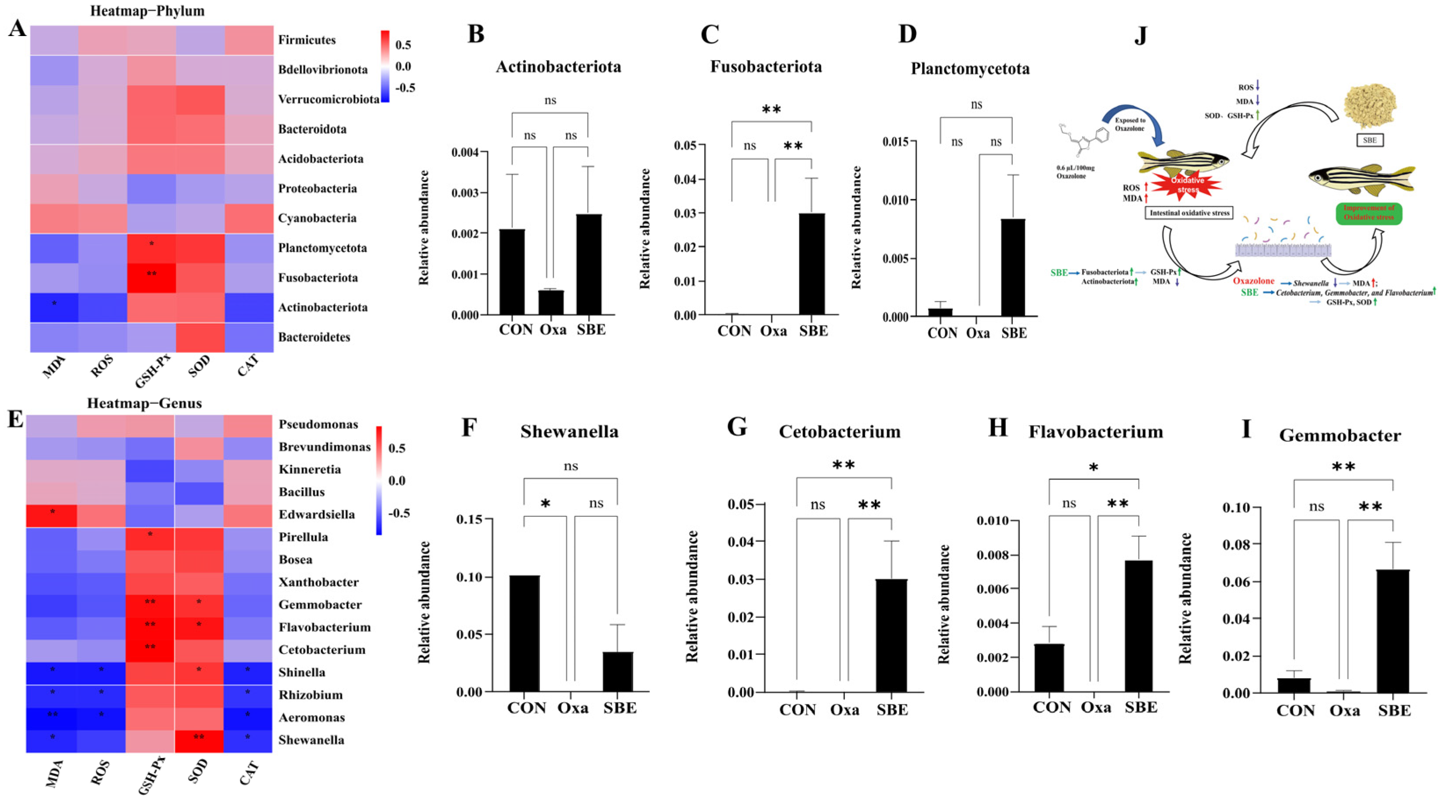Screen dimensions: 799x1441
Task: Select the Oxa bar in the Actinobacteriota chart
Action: point(551,302)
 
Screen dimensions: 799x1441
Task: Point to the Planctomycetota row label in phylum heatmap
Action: point(322,248)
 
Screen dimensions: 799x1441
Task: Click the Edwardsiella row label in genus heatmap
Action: point(317,514)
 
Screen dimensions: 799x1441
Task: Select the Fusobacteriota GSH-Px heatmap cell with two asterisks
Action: point(151,277)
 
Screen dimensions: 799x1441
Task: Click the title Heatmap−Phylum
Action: point(147,11)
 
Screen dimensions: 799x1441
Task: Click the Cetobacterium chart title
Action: point(839,432)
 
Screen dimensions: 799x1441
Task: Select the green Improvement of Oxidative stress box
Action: point(1368,213)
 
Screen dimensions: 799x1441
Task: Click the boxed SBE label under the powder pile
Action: point(1369,140)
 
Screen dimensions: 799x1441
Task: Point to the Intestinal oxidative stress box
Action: point(1189,213)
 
